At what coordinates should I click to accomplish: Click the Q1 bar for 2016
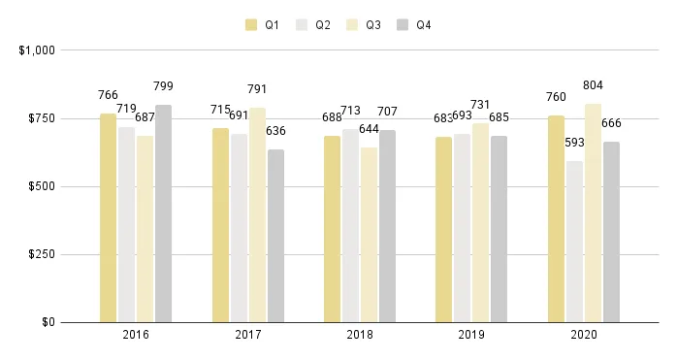tap(108, 217)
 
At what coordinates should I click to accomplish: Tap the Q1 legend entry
tap(263, 25)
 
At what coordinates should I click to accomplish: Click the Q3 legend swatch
tap(352, 25)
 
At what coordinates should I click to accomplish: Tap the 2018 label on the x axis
tap(359, 335)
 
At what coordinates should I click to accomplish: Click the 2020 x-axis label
tap(583, 335)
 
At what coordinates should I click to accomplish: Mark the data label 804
tap(594, 85)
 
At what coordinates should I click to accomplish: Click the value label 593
tap(575, 143)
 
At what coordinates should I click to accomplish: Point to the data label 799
tap(163, 86)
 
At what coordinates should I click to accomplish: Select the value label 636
tap(276, 131)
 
